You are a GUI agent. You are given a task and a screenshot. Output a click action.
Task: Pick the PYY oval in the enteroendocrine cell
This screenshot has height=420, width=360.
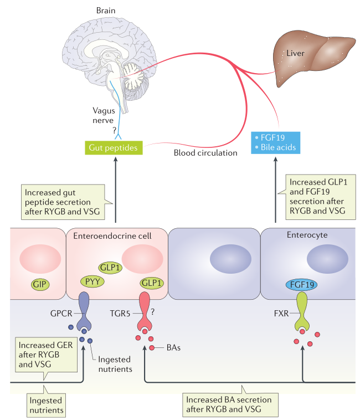click(x=90, y=280)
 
